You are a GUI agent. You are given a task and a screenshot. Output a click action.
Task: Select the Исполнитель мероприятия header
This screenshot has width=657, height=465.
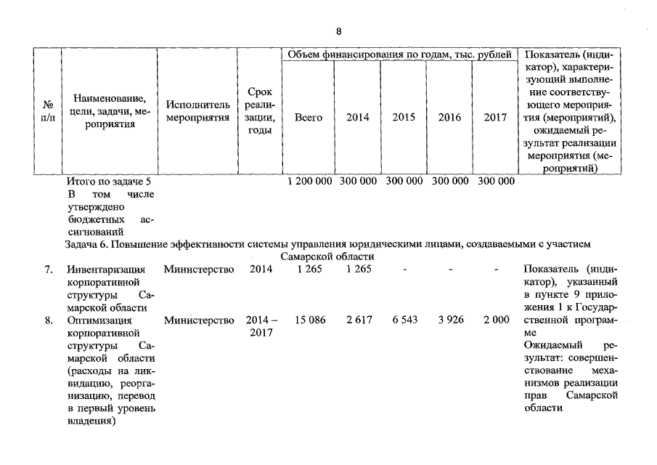tap(197, 111)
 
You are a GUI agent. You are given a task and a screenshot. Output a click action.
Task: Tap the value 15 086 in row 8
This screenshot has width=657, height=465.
tap(311, 320)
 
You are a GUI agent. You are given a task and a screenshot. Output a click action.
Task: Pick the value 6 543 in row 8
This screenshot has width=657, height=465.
tap(404, 320)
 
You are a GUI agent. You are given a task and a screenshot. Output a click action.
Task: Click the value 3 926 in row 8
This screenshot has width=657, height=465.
tap(450, 320)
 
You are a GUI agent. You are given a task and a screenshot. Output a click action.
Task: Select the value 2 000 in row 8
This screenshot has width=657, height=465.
tap(496, 320)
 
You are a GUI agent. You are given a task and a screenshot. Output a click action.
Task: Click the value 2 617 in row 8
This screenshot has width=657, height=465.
tap(358, 320)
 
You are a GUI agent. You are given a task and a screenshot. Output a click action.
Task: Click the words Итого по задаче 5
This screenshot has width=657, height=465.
tap(108, 181)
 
